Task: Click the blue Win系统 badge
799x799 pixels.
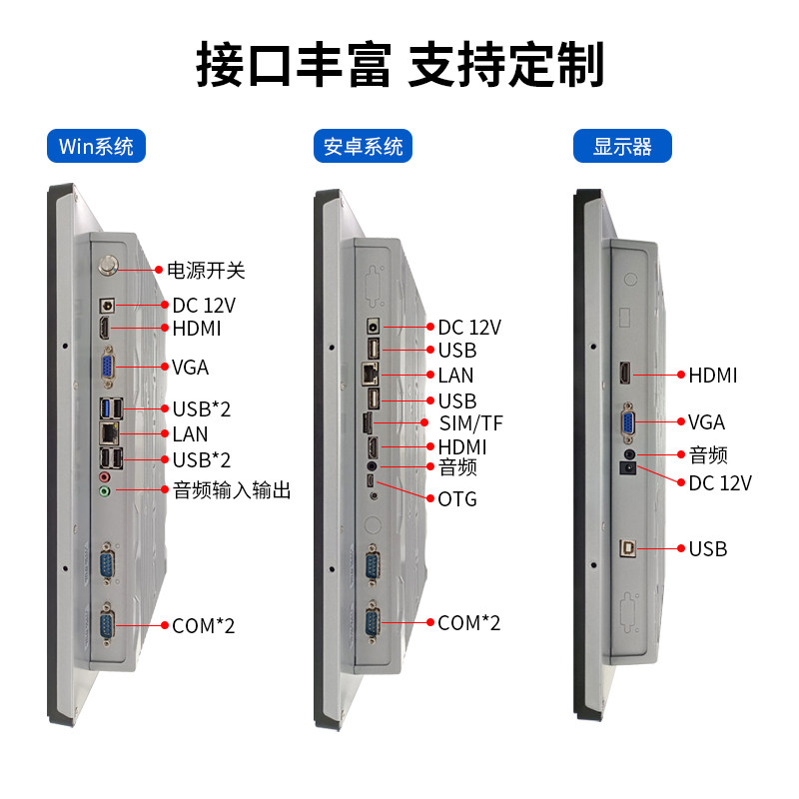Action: point(97,146)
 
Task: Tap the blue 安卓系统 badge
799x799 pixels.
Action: point(364,146)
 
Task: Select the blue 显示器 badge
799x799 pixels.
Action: point(622,146)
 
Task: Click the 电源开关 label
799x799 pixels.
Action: point(206,270)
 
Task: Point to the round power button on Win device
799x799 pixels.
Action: point(108,268)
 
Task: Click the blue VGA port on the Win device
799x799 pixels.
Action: point(108,367)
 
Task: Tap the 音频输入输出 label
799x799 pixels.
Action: point(232,490)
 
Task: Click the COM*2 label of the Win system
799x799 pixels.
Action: point(204,626)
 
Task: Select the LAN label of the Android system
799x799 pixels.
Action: point(455,376)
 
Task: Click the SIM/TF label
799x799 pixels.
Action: point(471,423)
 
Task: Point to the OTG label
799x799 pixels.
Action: point(457,498)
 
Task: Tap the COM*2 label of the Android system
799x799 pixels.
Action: point(469,623)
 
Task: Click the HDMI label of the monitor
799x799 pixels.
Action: point(713,376)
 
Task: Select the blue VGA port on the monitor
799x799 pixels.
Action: point(628,421)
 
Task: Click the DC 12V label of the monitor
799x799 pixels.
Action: point(720,483)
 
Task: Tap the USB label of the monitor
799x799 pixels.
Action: point(708,548)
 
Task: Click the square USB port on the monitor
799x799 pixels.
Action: point(628,547)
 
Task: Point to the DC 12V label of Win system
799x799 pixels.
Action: point(204,305)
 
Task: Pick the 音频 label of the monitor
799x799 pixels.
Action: point(708,455)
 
